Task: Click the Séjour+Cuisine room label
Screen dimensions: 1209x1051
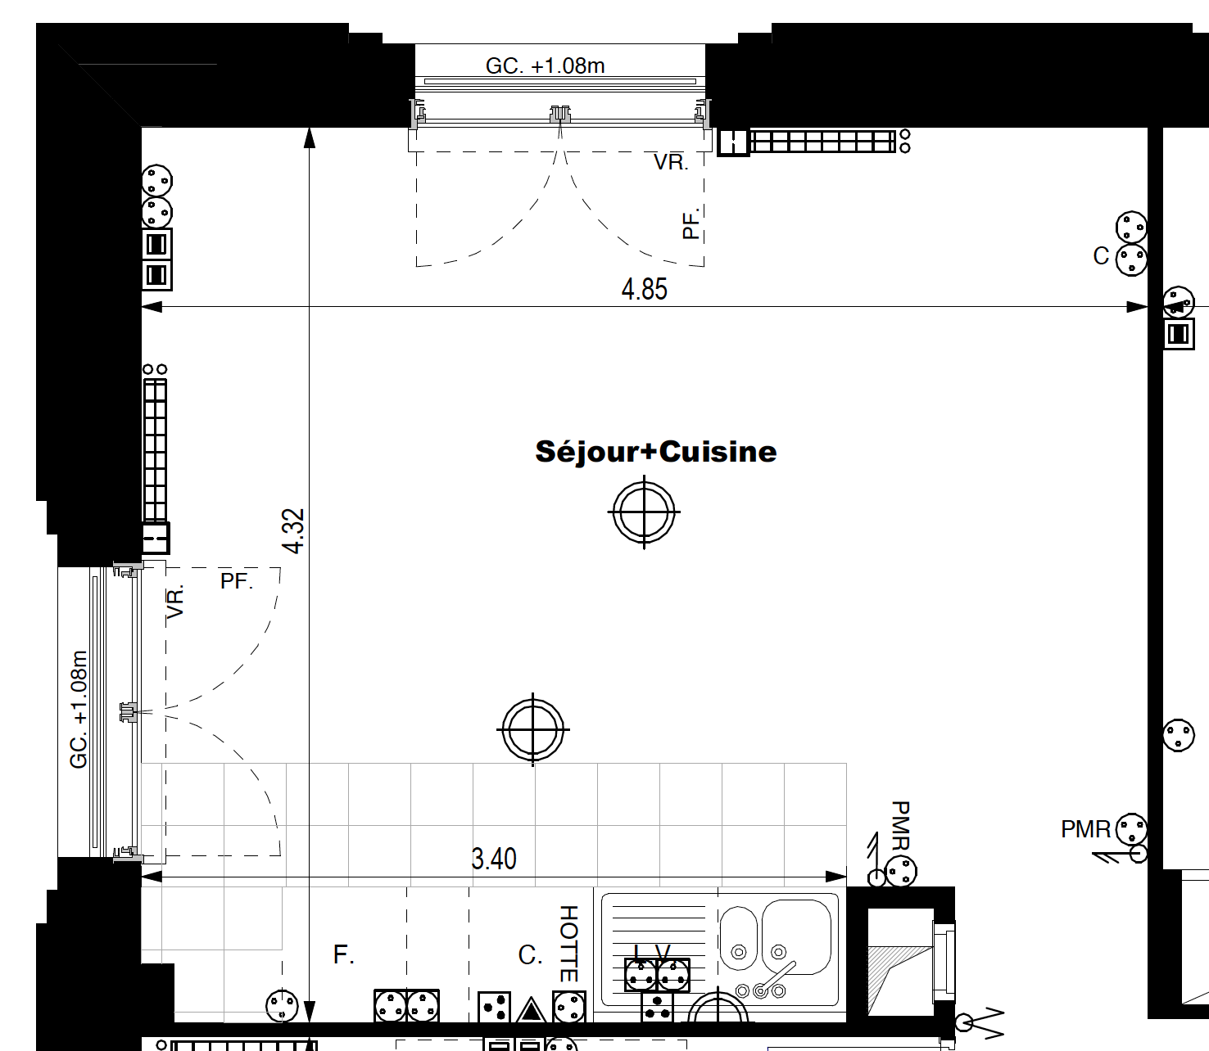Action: (x=656, y=453)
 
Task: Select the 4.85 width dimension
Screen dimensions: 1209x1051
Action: (x=644, y=290)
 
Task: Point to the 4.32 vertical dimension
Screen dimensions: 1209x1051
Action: (x=294, y=530)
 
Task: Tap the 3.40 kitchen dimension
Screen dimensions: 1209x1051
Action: (x=494, y=859)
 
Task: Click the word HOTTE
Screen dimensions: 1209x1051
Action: (x=568, y=944)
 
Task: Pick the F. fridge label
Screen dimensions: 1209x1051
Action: (x=343, y=954)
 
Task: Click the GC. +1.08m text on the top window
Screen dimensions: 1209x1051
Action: (x=545, y=65)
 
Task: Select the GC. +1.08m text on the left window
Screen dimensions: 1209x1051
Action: (x=79, y=709)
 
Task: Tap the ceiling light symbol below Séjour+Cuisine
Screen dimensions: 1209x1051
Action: (x=644, y=512)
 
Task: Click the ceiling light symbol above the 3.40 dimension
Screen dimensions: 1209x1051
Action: (x=533, y=729)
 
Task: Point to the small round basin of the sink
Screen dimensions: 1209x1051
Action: (x=738, y=938)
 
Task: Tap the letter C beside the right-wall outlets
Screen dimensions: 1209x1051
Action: (x=1101, y=255)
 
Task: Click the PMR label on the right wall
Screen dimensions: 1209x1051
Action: (x=1085, y=829)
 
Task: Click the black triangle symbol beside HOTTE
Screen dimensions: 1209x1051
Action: (x=531, y=1010)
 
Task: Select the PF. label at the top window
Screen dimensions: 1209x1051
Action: (x=691, y=223)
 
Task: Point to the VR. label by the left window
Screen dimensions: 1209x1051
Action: (x=175, y=601)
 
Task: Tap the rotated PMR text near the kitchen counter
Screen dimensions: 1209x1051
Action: (x=900, y=825)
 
